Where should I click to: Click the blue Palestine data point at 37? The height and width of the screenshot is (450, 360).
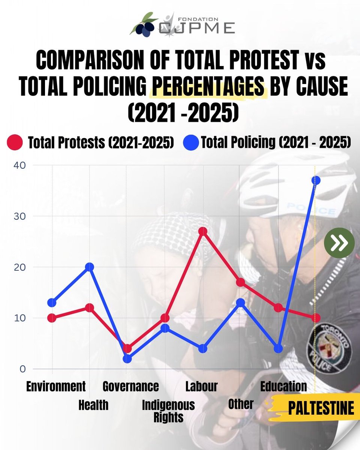click(x=316, y=180)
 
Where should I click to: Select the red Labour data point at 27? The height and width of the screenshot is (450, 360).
click(x=203, y=231)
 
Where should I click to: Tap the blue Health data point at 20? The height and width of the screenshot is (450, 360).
click(x=89, y=267)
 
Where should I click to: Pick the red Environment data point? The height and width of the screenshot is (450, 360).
click(x=52, y=318)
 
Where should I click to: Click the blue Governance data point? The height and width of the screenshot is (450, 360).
click(x=127, y=358)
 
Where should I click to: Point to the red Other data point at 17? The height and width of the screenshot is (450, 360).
click(x=240, y=282)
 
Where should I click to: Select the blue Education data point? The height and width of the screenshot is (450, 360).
click(x=278, y=348)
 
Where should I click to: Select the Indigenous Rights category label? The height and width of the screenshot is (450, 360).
click(x=168, y=411)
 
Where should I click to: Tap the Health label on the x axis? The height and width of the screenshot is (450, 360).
click(x=93, y=405)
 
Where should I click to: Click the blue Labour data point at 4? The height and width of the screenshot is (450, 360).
click(x=203, y=348)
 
